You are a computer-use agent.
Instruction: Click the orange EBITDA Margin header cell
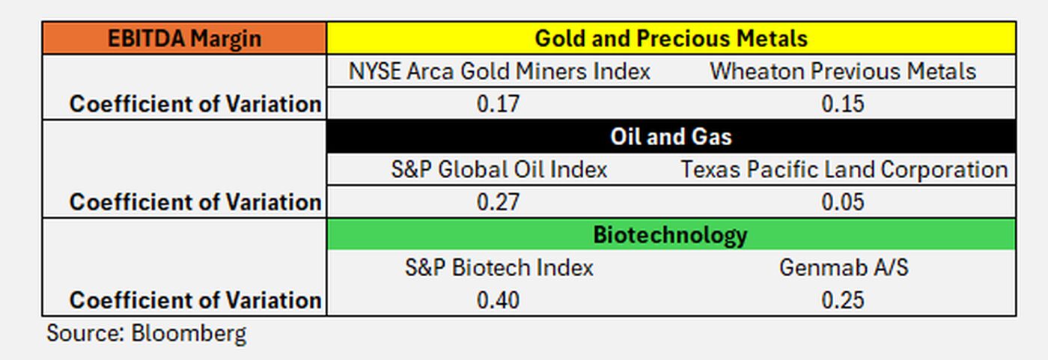click(184, 38)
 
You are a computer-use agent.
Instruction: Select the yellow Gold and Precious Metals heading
click(671, 38)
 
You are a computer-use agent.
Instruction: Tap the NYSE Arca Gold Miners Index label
click(499, 72)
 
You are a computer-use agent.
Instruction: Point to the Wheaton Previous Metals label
click(843, 72)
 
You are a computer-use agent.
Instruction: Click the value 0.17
click(498, 104)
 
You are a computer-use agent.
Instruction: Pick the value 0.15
click(843, 104)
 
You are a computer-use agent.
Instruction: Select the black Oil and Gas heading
click(671, 136)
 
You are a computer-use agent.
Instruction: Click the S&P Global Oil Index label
click(499, 169)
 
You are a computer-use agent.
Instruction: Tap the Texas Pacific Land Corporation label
click(844, 169)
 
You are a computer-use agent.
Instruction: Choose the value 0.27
click(498, 202)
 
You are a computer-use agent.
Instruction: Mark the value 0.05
click(843, 202)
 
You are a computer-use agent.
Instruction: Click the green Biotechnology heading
click(671, 234)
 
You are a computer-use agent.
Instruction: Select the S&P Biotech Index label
click(499, 267)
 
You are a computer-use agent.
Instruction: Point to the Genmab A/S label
click(844, 267)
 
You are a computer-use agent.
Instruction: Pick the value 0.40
click(498, 300)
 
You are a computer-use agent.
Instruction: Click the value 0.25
click(843, 300)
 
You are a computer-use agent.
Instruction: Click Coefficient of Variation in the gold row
click(195, 104)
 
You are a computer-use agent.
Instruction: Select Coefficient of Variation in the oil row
click(195, 202)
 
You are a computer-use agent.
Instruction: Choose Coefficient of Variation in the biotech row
click(195, 300)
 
